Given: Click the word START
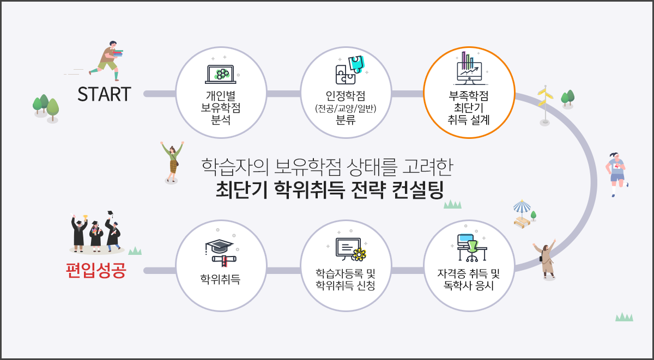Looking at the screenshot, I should point(104,94).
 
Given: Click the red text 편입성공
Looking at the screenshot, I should point(95,271).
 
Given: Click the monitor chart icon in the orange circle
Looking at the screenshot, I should point(469,68).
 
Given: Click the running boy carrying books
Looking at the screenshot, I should point(107,59).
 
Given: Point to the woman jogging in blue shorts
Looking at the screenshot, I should point(616,172).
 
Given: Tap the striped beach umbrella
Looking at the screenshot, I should point(522,207).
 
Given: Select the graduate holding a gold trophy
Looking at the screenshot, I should point(79,234).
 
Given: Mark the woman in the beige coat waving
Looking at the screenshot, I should point(547,259).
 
